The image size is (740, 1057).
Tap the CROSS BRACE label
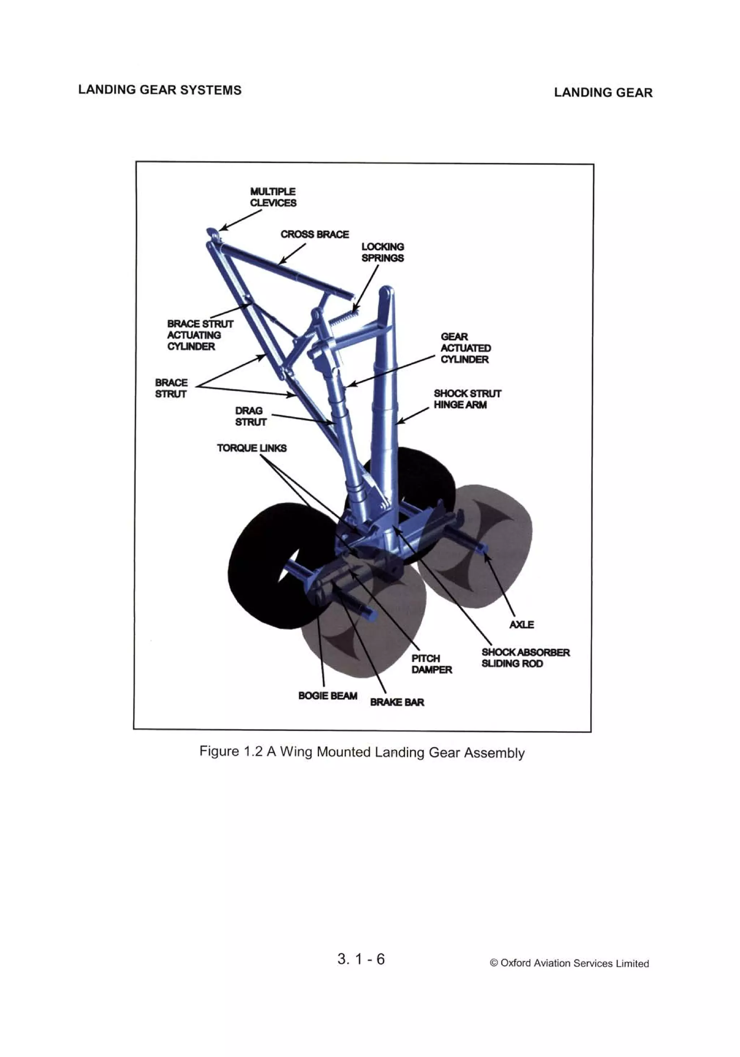click(x=314, y=234)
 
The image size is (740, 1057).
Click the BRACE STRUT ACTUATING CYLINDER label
click(x=199, y=335)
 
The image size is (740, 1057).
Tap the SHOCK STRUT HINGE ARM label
click(x=467, y=399)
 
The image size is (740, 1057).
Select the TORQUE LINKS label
click(x=251, y=447)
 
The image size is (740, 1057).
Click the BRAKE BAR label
click(x=397, y=702)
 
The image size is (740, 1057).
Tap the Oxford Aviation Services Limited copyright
click(x=569, y=963)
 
